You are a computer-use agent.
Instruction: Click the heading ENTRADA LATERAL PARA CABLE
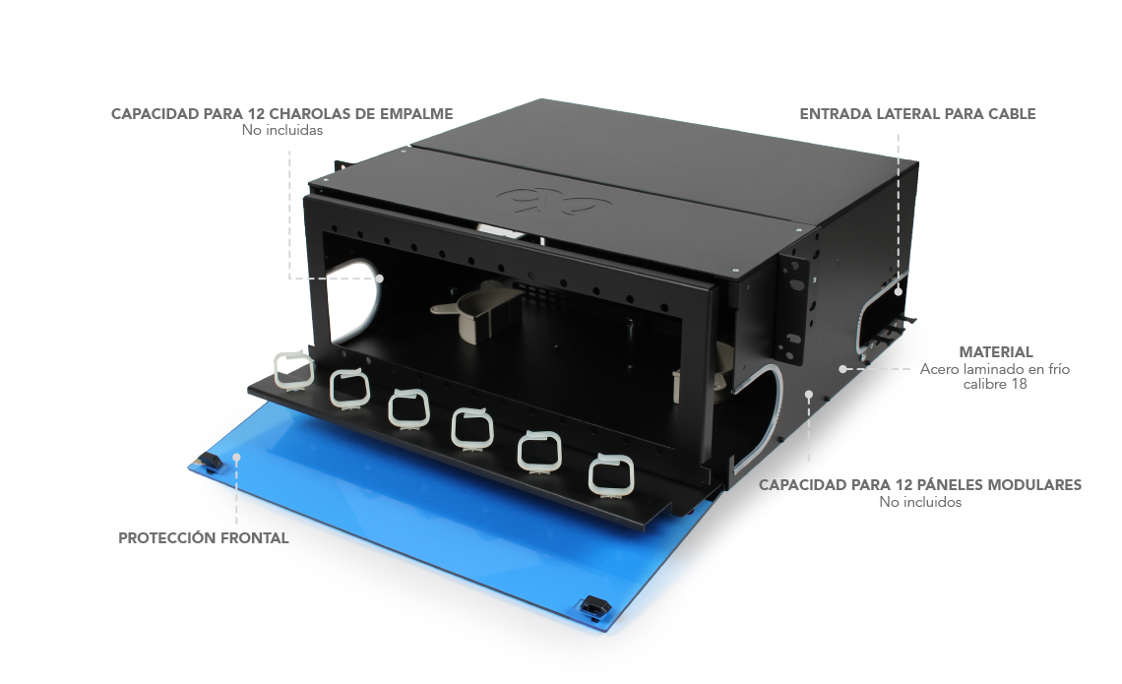[917, 114]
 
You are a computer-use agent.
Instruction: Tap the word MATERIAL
[995, 352]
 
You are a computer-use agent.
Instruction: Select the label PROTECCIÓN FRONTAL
[203, 538]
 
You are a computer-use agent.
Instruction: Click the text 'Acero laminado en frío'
[995, 369]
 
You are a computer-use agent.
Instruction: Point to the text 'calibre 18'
[995, 384]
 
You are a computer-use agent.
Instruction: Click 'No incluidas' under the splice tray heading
[281, 130]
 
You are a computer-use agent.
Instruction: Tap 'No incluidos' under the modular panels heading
[920, 502]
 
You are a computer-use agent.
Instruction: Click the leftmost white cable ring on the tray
[294, 372]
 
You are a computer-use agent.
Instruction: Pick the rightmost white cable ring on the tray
[611, 475]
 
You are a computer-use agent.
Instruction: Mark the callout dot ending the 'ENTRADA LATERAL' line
[899, 292]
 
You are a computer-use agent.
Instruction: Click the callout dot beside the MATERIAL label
[842, 369]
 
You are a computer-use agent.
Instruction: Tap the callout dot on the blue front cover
[237, 456]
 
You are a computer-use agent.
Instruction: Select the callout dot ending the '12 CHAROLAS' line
[379, 279]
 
